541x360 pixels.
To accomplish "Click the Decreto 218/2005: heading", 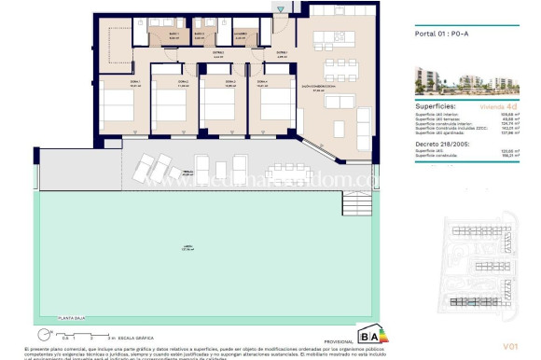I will tap(439, 145).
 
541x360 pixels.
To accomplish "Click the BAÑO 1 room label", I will tap(174, 33).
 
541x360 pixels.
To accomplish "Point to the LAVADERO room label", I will tap(241, 34).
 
